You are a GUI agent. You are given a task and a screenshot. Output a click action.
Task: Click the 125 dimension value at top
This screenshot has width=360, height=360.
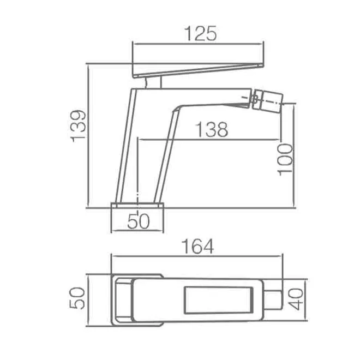coord(200,33)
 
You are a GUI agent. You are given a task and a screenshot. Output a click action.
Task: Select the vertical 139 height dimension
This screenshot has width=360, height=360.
coord(79,127)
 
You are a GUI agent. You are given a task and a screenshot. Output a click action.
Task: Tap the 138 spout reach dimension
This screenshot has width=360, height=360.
coord(212,130)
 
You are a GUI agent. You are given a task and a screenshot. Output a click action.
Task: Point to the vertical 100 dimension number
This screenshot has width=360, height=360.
coord(285,160)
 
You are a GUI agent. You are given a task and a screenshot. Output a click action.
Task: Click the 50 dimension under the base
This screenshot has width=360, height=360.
coord(138,221)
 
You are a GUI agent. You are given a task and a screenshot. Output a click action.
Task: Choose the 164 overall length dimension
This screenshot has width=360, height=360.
coord(197,247)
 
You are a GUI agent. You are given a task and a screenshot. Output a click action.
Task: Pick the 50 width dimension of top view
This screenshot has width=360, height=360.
coord(77,298)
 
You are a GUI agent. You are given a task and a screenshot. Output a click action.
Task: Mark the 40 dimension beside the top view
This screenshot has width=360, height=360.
coord(296,299)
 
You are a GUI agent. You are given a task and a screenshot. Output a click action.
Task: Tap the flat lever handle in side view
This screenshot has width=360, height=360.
coord(198,70)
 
